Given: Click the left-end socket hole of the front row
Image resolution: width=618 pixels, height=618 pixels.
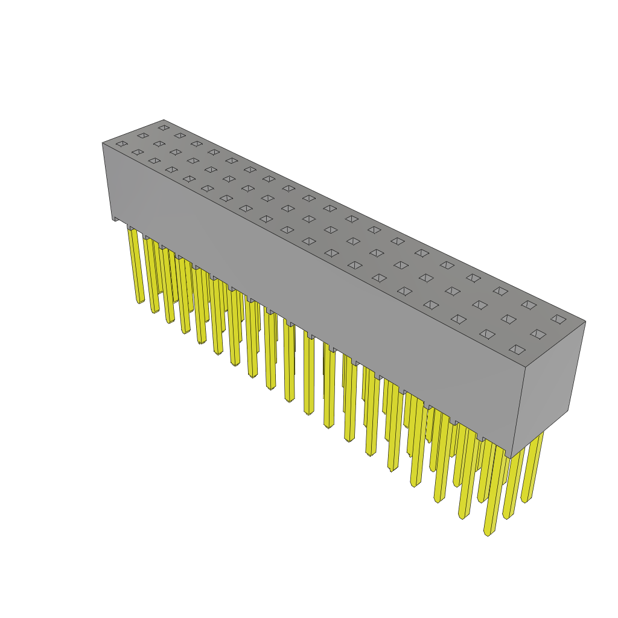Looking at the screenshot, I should pyautogui.click(x=122, y=144).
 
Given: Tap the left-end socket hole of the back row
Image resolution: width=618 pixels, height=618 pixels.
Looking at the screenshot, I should pyautogui.click(x=164, y=127).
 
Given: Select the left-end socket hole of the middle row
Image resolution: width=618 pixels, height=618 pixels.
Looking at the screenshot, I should pyautogui.click(x=143, y=136).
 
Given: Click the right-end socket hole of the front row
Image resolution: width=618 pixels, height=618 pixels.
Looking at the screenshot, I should pyautogui.click(x=517, y=349).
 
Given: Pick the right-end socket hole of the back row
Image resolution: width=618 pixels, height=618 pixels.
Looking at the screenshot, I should pyautogui.click(x=558, y=319).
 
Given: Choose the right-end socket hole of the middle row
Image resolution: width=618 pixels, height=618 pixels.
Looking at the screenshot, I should pyautogui.click(x=538, y=334).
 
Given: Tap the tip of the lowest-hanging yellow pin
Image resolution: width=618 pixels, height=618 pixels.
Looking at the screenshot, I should pyautogui.click(x=488, y=532).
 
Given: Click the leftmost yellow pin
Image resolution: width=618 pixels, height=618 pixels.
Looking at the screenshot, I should pyautogui.click(x=136, y=266).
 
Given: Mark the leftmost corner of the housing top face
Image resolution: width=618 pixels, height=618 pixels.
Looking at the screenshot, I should pyautogui.click(x=103, y=143).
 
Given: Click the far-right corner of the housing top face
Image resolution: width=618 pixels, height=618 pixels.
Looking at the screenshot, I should pyautogui.click(x=585, y=321).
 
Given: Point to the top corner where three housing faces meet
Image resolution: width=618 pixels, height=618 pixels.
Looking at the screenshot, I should pyautogui.click(x=525, y=367).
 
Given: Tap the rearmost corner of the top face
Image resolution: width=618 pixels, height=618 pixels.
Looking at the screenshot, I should pyautogui.click(x=164, y=120).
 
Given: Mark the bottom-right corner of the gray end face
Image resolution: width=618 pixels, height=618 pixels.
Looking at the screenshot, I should pyautogui.click(x=568, y=410).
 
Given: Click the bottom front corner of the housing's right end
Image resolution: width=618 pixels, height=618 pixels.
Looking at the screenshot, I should pyautogui.click(x=511, y=457).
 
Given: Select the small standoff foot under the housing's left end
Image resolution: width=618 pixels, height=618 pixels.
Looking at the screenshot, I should pyautogui.click(x=115, y=218).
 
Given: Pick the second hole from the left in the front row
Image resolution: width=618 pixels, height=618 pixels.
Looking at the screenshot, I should pyautogui.click(x=138, y=152).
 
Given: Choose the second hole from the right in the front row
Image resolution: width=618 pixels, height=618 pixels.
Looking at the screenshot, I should pyautogui.click(x=487, y=334).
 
